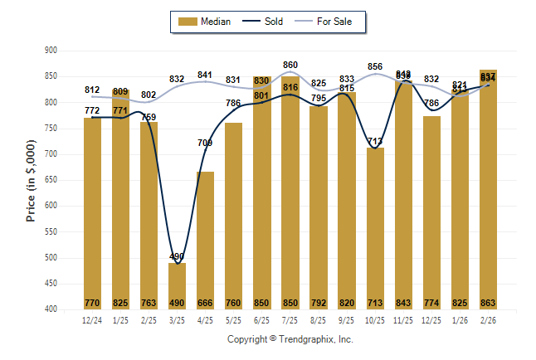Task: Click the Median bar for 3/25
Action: (177, 285)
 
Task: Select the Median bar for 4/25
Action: (205, 241)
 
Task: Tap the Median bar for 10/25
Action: (375, 228)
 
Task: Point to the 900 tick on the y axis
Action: (51, 51)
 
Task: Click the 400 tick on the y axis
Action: (51, 309)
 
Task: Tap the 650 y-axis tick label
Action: (51, 180)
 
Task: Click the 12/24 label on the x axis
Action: (92, 320)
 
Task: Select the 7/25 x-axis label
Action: (290, 320)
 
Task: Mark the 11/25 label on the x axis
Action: (403, 320)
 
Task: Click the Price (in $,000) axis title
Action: (31, 180)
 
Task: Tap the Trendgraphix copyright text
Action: (290, 339)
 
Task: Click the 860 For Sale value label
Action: (290, 64)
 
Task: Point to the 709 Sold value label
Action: (205, 143)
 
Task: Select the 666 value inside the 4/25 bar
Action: (205, 302)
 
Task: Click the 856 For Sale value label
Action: (375, 66)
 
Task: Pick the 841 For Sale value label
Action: (205, 75)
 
